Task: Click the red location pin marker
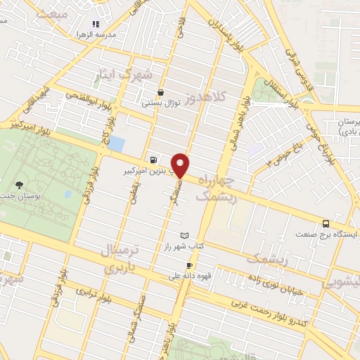[x=181, y=165]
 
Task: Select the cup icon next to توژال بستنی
[x=161, y=92]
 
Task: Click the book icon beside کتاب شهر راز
[x=184, y=235]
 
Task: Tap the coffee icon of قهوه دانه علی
[x=188, y=265]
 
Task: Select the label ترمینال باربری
[x=123, y=258]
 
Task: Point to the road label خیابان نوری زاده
[x=278, y=281]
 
